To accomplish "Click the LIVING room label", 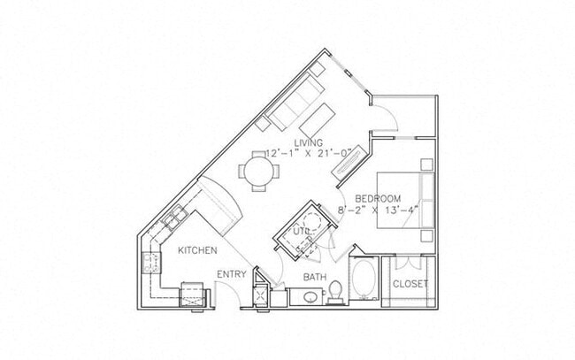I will click(308, 142).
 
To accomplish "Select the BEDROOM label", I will click(378, 198).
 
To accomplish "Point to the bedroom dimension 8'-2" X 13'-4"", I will click(378, 210).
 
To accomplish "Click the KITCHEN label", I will click(197, 250).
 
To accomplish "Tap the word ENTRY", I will click(232, 275).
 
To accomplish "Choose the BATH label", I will click(316, 277).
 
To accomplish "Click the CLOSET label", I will click(410, 284).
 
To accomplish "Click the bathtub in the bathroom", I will click(363, 279).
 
